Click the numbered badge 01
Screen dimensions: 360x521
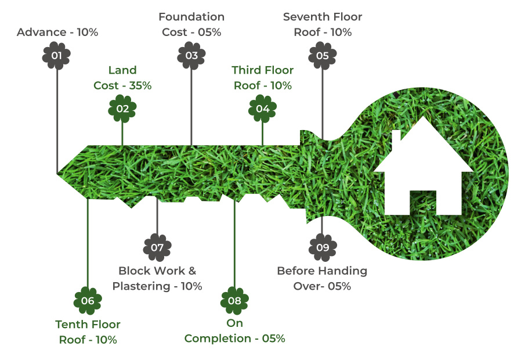[57, 56]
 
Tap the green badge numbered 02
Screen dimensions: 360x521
[122, 108]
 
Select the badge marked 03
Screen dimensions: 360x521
[191, 56]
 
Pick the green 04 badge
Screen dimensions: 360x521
[262, 108]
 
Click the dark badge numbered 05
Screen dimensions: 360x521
[323, 56]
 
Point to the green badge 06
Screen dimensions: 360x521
[88, 301]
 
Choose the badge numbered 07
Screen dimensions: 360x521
[157, 247]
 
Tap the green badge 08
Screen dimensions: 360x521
[234, 301]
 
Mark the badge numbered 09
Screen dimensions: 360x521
[323, 247]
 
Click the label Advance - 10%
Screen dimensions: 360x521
[57, 32]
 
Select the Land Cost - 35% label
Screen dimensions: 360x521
[122, 78]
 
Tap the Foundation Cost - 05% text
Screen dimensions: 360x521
[191, 24]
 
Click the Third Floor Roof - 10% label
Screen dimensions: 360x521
[262, 78]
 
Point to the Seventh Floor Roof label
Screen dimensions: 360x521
[323, 24]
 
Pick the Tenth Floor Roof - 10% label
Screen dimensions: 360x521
[88, 332]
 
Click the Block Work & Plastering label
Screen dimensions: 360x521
[157, 278]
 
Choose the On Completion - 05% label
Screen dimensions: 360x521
[234, 331]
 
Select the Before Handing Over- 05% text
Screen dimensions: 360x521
[322, 278]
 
